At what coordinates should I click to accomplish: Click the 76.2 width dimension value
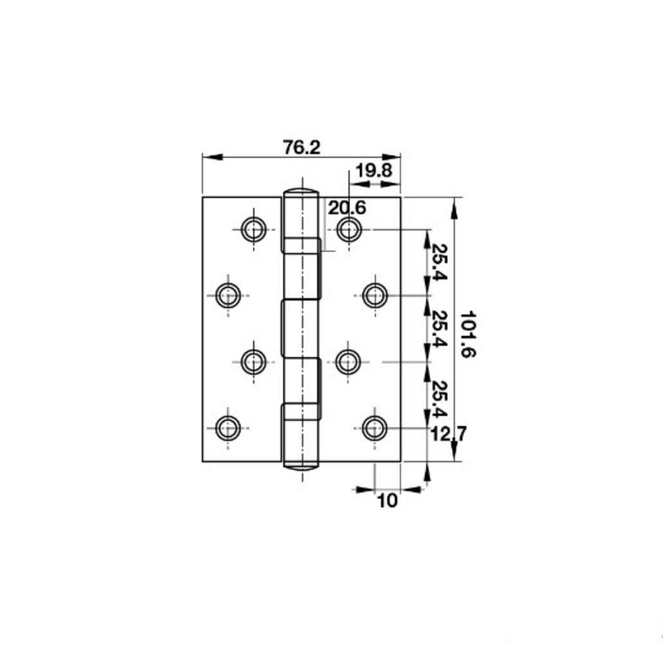pyautogui.click(x=302, y=147)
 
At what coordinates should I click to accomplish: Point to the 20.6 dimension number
pyautogui.click(x=347, y=208)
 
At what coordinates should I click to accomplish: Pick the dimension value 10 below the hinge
pyautogui.click(x=388, y=500)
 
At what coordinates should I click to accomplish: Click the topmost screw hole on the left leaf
pyautogui.click(x=253, y=228)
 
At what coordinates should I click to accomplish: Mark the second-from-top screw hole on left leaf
pyautogui.click(x=228, y=296)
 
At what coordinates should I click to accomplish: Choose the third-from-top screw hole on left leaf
pyautogui.click(x=253, y=361)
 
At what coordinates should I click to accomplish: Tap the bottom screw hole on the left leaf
pyautogui.click(x=228, y=428)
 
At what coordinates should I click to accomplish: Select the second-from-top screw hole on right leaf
pyautogui.click(x=374, y=296)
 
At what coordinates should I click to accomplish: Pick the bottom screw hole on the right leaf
pyautogui.click(x=374, y=428)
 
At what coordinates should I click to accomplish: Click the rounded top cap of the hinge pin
pyautogui.click(x=300, y=192)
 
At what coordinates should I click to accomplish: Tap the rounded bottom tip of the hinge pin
pyautogui.click(x=300, y=466)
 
